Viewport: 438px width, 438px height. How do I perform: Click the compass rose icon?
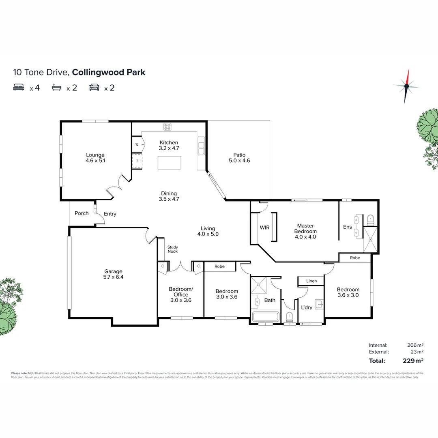point(406,86)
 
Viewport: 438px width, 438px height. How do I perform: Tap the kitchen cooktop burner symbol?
point(167,127)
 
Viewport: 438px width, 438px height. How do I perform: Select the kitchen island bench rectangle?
point(169,162)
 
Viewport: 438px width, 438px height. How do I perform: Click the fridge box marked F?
point(137,161)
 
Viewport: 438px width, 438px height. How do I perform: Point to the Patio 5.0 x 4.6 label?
point(239,158)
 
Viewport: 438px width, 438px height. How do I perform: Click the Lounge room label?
point(95,158)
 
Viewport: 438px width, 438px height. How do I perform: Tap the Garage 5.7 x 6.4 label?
point(113,275)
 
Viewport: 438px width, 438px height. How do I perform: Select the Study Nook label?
point(173,249)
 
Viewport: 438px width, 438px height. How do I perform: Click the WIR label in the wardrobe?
point(264,228)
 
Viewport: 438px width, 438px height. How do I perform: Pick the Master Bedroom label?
point(305,231)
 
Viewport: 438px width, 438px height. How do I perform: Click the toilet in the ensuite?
point(371,220)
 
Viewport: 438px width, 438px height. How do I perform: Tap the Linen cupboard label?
point(311,281)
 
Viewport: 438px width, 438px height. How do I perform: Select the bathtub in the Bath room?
point(266,317)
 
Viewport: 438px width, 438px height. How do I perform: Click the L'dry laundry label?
point(307,307)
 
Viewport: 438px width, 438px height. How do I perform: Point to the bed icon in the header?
point(19,87)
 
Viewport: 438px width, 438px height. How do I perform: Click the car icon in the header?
point(94,87)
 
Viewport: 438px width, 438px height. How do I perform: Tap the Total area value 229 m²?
point(415,361)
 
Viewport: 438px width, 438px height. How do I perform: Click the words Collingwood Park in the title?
point(109,73)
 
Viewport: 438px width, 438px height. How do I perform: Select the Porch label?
point(82,213)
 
